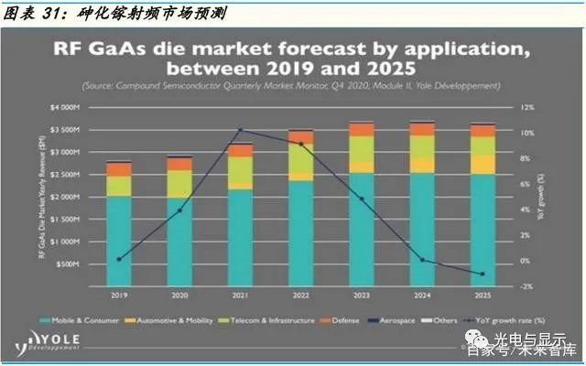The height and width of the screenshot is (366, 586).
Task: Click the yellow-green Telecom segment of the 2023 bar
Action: point(361,148)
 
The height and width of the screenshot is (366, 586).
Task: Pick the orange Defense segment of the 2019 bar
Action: point(119,169)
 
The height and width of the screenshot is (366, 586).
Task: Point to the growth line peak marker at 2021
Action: point(240,130)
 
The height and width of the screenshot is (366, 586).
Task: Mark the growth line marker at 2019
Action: point(119,259)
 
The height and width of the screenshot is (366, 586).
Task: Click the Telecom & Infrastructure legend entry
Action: point(277,320)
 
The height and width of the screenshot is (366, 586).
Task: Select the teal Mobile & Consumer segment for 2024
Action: point(420,229)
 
